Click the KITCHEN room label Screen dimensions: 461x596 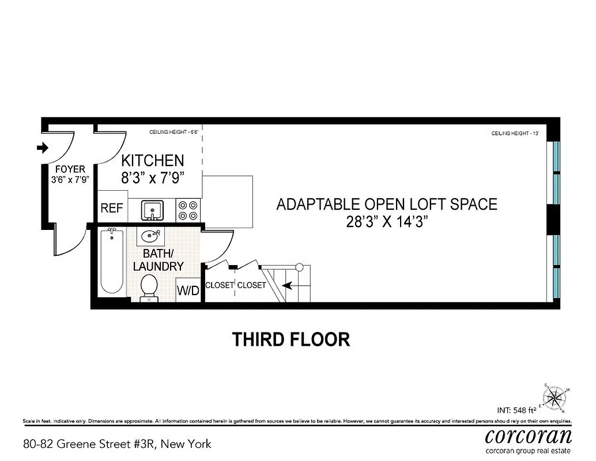tap(153, 161)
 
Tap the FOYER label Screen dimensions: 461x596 tap(70, 169)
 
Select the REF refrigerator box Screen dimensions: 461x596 tap(112, 208)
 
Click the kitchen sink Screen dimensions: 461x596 tap(152, 210)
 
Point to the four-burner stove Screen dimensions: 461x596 tap(188, 210)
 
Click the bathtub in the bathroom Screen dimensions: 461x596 tap(112, 262)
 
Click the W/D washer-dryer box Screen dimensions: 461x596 tap(188, 291)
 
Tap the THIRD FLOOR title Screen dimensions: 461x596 tap(291, 339)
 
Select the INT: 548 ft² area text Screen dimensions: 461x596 tap(516, 411)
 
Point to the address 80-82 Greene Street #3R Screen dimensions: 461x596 tap(117, 444)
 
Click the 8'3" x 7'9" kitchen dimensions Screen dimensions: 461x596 tap(153, 178)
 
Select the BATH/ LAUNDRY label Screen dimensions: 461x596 tap(158, 260)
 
